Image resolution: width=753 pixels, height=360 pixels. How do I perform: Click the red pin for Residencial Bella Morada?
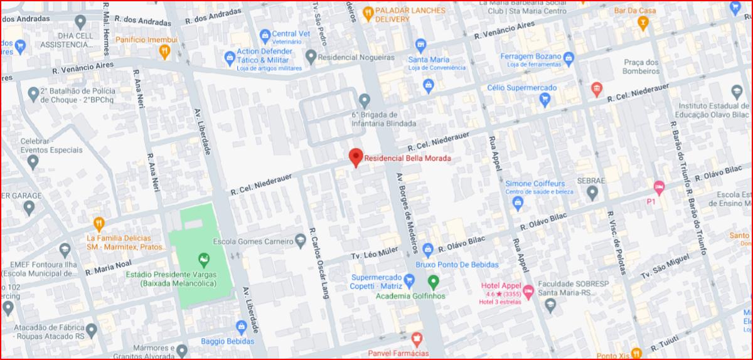tap(356, 157)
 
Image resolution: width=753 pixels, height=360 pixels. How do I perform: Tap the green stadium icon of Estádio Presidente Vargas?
tap(203, 259)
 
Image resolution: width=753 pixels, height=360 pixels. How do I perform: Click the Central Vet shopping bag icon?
tap(265, 34)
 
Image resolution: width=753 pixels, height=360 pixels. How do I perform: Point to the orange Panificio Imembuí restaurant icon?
tap(164, 51)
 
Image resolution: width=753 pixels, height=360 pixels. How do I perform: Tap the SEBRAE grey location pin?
tap(592, 193)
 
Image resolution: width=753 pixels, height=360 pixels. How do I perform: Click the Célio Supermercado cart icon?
tap(546, 100)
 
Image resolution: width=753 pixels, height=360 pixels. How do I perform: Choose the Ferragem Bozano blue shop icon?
tap(569, 59)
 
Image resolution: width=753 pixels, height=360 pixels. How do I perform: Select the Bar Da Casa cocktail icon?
tap(642, 23)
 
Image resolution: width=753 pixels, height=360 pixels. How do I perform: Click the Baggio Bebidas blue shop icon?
tap(242, 327)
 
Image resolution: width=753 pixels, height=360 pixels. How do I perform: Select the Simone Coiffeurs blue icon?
tap(518, 202)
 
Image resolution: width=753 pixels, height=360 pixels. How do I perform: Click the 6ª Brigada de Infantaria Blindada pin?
tap(365, 100)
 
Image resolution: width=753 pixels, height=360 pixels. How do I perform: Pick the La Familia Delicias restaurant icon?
tap(99, 223)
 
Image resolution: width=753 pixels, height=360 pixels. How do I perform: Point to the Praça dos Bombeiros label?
tap(641, 66)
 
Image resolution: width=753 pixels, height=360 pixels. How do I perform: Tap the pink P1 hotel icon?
tap(658, 186)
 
